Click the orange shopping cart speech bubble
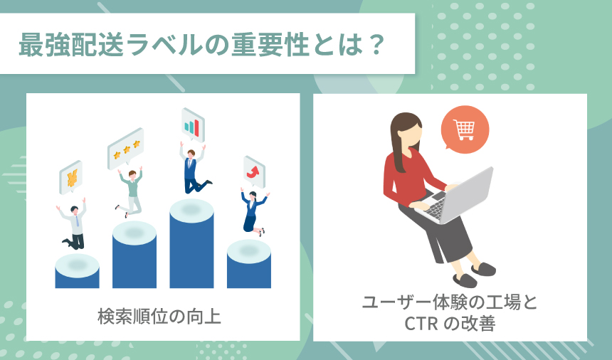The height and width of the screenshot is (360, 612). coord(464,130)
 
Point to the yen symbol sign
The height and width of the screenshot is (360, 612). coord(71,178)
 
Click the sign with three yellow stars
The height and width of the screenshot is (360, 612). coord(125,149)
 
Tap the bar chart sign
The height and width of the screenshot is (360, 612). coord(192,126)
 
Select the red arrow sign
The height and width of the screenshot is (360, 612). coord(253,171)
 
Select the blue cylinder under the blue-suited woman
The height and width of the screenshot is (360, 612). coord(248,264)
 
